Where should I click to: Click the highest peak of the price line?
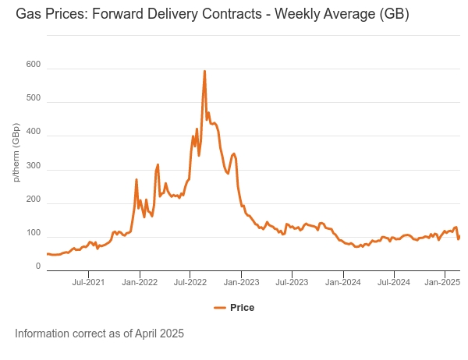coord(204,72)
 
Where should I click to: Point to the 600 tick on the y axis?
coord(33,69)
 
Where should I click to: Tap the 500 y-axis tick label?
coord(33,102)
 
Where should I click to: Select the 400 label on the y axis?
coord(33,136)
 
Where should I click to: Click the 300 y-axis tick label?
coord(33,169)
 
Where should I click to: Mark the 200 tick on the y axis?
coord(33,203)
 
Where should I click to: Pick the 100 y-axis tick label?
coord(33,233)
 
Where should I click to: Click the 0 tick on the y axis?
coord(37,266)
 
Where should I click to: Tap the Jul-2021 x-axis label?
coord(89,281)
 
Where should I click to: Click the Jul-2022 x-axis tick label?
coord(190,281)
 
